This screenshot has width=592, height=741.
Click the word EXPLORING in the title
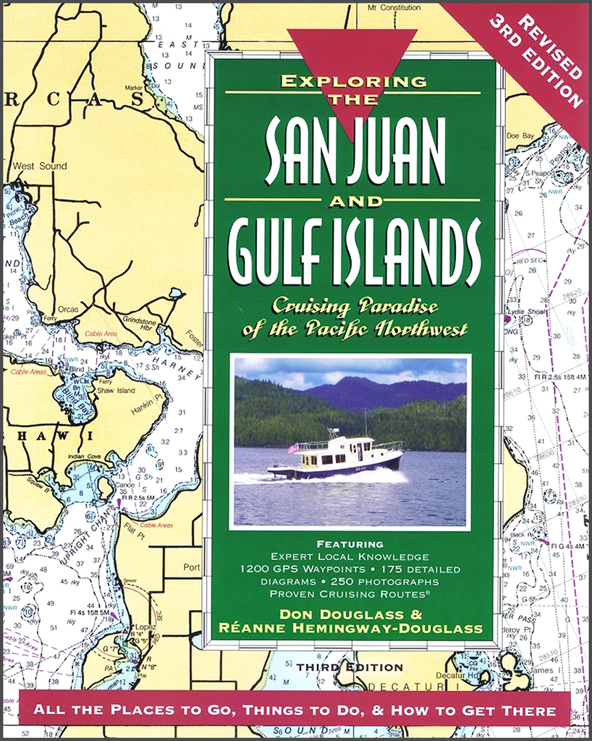pos(353,81)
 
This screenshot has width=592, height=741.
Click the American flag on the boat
pos(293,448)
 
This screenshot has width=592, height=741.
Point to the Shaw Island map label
pos(116,391)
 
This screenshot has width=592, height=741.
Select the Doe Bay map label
pos(520,135)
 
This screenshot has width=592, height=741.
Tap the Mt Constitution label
pos(394,7)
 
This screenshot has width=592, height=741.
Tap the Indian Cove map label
pos(90,457)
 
